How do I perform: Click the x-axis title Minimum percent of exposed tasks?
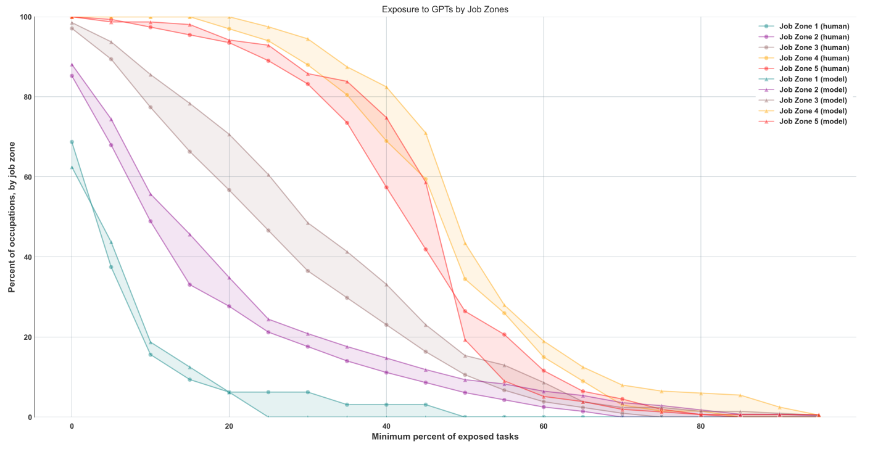(445, 437)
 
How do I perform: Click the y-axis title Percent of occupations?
(12, 216)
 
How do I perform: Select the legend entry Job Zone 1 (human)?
(814, 26)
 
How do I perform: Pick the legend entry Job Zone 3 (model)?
(814, 101)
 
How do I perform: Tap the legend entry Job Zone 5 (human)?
(814, 68)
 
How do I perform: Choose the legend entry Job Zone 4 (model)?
(814, 111)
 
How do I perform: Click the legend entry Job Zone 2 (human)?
(814, 36)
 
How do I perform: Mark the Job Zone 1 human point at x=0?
(72, 142)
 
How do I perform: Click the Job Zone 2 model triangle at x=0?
(72, 65)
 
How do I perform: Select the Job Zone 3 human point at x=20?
(229, 190)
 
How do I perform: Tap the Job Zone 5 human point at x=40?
(386, 187)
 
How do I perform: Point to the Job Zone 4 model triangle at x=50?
(465, 244)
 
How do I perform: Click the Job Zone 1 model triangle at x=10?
(151, 343)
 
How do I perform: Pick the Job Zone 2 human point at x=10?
(151, 221)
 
